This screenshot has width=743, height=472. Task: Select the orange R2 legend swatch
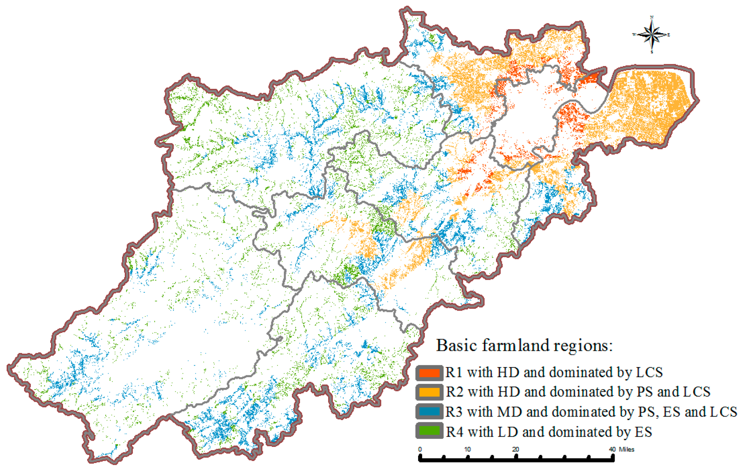point(429,392)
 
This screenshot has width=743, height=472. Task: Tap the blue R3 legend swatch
point(429,412)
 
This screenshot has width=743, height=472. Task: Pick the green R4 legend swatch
point(429,431)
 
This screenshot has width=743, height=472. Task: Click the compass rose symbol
point(652,34)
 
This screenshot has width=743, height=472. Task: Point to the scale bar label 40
point(612,449)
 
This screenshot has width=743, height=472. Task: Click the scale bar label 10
point(467,449)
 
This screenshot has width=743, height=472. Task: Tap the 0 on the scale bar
point(420,449)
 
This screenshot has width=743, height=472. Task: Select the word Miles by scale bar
point(627,449)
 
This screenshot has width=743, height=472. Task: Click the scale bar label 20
point(516,449)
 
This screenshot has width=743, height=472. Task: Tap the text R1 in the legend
point(453,372)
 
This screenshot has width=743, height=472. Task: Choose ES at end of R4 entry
point(643,432)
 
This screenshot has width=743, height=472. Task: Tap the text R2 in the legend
point(454,392)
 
